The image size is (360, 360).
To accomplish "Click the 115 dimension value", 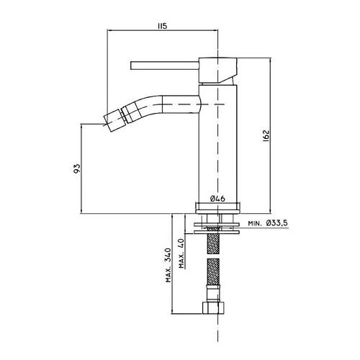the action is point(162,26).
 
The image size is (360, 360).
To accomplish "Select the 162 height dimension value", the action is point(266,136).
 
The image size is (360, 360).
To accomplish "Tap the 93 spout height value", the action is point(77,168).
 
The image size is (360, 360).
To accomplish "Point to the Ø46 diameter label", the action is point(217,199).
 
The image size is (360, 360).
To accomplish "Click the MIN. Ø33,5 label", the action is point(268,223).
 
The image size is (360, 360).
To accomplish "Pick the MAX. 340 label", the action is point(168,265).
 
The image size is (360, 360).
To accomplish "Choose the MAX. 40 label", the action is point(181,253).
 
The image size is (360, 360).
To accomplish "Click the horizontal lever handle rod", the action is point(165,66).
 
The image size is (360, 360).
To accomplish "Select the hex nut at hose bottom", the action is point(213,308).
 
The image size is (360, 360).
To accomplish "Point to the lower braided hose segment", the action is point(213,271).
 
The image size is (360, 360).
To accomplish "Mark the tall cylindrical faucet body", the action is point(218,144).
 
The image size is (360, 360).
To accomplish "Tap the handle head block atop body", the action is point(218,70).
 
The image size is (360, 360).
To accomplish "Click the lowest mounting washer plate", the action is point(217,233).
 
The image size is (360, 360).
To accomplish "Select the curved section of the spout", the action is point(142,105).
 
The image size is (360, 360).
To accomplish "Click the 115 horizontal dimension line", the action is point(162,30).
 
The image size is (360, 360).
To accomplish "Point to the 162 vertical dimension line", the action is point(270,135).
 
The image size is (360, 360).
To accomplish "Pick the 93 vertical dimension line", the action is point(81,168).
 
